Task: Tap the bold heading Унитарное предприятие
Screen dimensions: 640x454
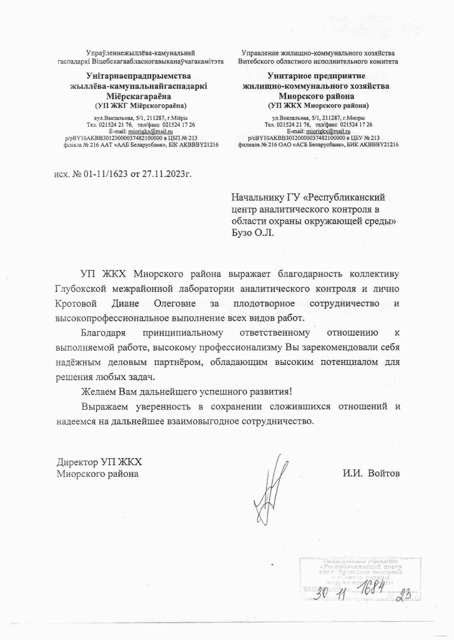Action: pos(318,76)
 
